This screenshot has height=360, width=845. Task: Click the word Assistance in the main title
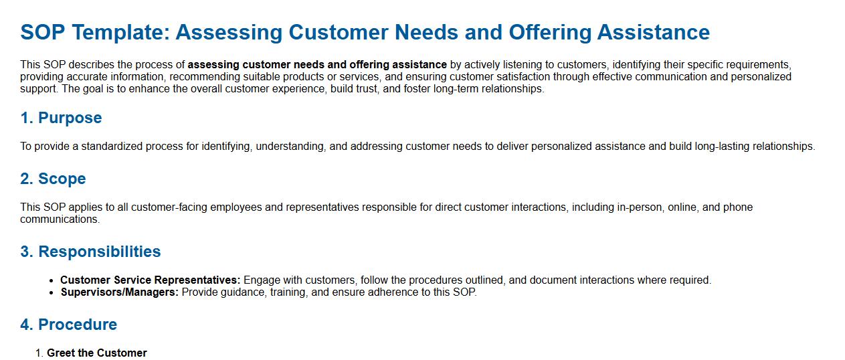click(653, 32)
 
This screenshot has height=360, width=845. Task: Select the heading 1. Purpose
click(61, 118)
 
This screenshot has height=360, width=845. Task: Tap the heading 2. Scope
click(54, 179)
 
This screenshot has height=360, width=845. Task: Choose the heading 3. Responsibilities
click(90, 252)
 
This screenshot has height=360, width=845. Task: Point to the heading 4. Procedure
click(69, 325)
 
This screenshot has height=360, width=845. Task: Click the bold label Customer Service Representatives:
click(150, 280)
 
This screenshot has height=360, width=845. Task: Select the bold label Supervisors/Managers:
click(120, 292)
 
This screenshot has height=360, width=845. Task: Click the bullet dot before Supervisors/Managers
click(52, 293)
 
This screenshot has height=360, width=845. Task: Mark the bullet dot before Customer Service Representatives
click(52, 281)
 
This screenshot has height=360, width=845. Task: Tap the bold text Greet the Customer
click(97, 353)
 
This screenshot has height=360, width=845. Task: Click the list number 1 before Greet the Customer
click(39, 353)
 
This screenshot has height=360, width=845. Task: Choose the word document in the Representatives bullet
click(553, 280)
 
